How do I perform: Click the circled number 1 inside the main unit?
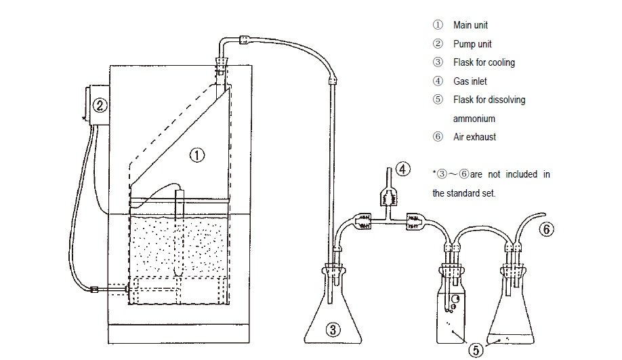click(197, 155)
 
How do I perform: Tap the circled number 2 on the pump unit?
click(100, 105)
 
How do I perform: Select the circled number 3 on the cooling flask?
click(333, 329)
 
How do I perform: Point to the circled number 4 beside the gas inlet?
click(403, 169)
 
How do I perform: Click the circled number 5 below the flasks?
click(476, 350)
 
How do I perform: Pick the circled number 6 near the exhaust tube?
click(547, 229)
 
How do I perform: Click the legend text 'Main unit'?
click(470, 25)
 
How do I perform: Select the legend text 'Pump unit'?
click(472, 43)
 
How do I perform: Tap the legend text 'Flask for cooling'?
click(484, 62)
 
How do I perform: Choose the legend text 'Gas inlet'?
click(470, 81)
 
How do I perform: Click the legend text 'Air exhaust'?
click(474, 137)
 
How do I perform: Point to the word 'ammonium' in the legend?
click(474, 119)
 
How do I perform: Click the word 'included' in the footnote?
click(521, 174)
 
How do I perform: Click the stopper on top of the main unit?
click(222, 63)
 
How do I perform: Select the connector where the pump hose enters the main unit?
click(95, 289)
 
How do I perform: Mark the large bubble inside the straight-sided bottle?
click(456, 299)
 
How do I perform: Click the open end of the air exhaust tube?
click(543, 214)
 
